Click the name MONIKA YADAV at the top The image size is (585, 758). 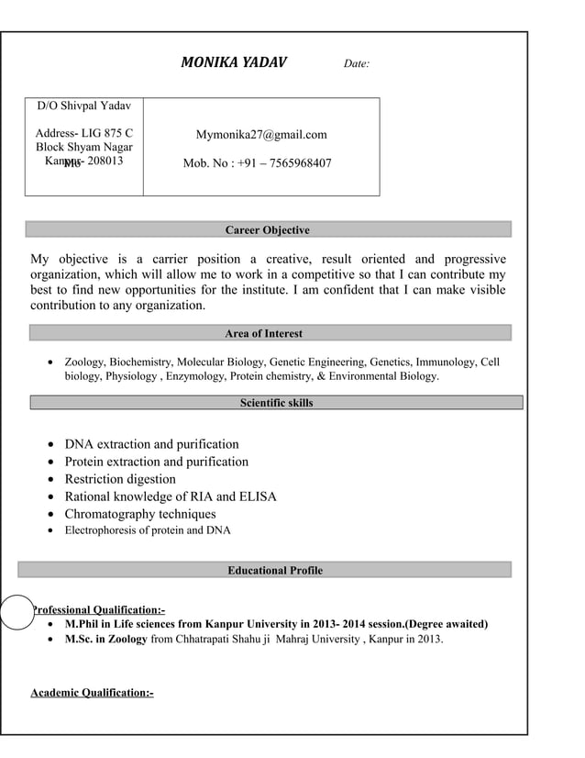pos(233,63)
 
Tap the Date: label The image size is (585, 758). pos(357,64)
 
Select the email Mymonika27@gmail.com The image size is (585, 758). pos(261,135)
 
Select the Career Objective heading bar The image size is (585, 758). pos(268,229)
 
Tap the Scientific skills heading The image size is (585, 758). pos(276,402)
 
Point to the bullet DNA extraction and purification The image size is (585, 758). pos(151,444)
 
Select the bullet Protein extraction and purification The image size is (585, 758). pos(156,462)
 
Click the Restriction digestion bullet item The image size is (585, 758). pos(120,479)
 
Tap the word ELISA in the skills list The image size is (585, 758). pos(258,496)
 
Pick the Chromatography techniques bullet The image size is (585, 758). pos(140,514)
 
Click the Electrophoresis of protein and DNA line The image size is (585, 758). pos(148,530)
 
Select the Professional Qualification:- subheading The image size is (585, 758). pos(99,610)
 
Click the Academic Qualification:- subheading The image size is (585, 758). pos(92,692)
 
